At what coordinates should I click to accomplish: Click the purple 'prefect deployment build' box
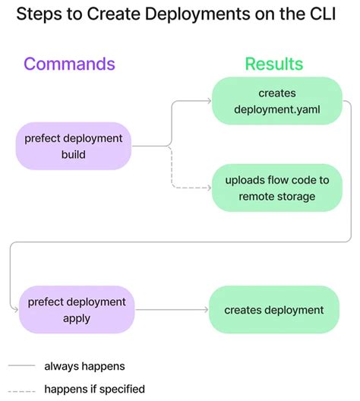[x=74, y=147]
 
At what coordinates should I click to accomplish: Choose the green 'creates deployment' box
[x=273, y=310]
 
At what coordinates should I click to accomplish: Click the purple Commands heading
[x=69, y=64]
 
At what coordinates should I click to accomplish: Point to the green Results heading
[x=273, y=64]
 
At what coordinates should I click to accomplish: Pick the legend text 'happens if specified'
[x=94, y=389]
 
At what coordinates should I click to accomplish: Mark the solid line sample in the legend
[x=22, y=366]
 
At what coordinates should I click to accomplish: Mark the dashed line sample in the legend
[x=22, y=389]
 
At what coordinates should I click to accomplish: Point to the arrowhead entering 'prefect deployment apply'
[x=14, y=308]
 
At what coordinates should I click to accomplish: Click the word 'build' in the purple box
[x=74, y=154]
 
